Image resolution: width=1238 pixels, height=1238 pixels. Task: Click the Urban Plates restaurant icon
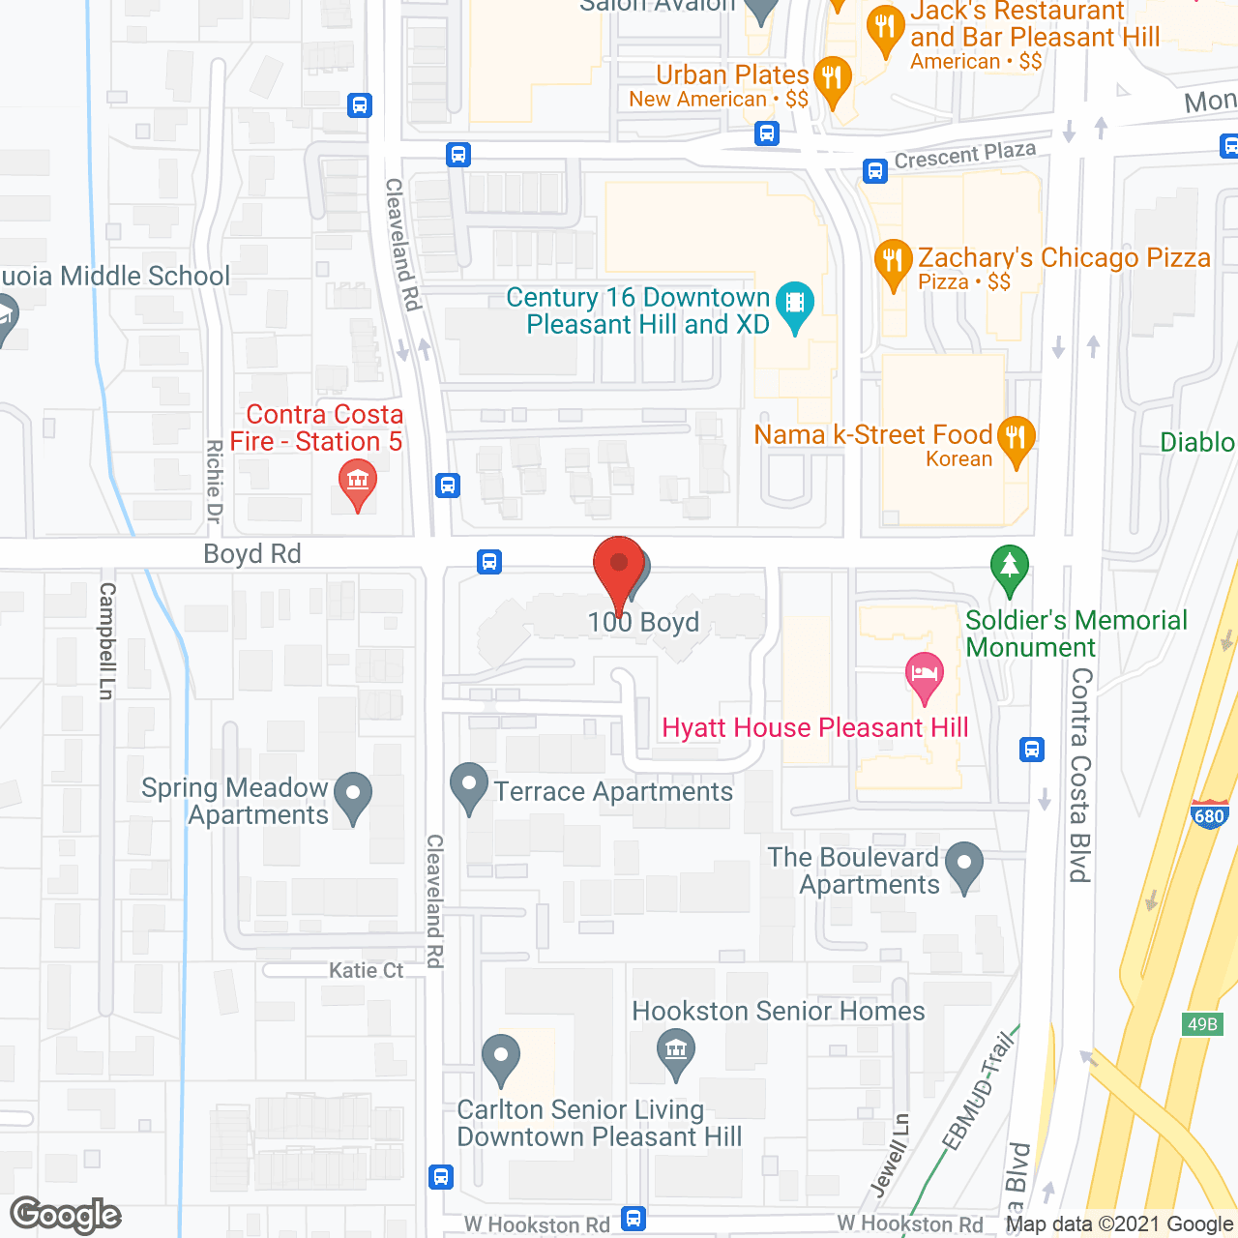[832, 80]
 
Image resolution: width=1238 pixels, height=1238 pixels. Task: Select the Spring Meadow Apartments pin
[353, 796]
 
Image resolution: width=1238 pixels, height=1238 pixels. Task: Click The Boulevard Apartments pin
[964, 865]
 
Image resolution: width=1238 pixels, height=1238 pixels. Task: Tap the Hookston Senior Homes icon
[675, 1050]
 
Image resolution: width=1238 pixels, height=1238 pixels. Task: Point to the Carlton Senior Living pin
[501, 1056]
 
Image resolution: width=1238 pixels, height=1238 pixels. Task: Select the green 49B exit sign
[1202, 1024]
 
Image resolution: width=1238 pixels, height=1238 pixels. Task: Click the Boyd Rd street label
[252, 554]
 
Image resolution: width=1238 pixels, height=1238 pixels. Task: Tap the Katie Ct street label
[366, 970]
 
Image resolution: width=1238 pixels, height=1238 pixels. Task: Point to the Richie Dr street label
[214, 482]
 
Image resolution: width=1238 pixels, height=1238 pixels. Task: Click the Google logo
[66, 1215]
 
